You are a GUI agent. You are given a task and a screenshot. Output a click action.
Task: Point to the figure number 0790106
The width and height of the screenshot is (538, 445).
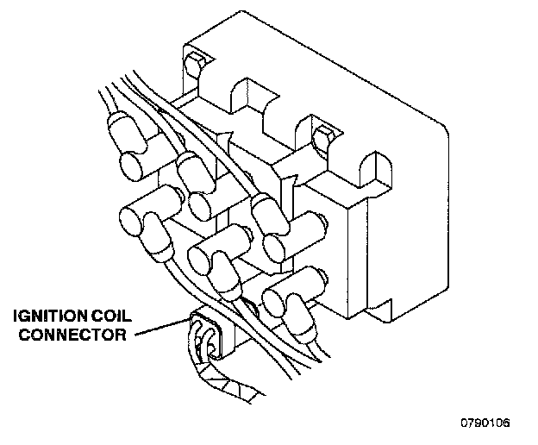(x=485, y=423)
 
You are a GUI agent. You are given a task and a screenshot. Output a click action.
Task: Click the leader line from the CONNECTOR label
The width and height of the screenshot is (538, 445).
(x=156, y=330)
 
